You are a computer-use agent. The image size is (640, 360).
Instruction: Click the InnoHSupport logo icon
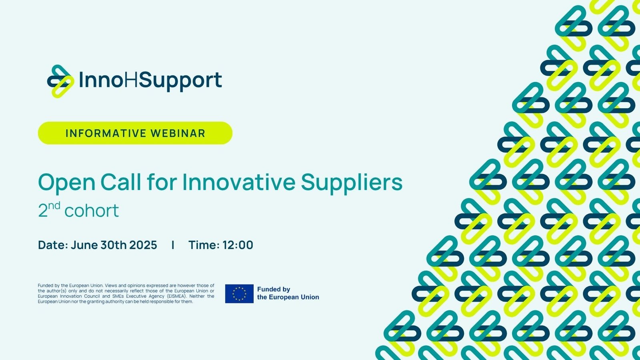click(x=60, y=82)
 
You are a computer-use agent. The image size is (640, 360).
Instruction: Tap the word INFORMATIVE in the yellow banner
click(x=106, y=134)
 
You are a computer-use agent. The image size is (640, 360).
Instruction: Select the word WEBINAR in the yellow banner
click(x=178, y=134)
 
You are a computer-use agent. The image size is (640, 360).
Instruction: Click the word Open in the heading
click(x=66, y=183)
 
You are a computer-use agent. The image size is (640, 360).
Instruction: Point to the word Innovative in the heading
click(x=239, y=182)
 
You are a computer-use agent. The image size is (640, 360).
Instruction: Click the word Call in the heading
click(x=121, y=182)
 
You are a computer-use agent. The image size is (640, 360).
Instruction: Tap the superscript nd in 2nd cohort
click(x=54, y=206)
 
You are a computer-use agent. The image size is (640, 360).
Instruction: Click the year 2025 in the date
click(x=143, y=245)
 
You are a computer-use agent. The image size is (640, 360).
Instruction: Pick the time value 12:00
click(x=238, y=245)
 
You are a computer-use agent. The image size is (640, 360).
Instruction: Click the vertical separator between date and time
click(x=173, y=245)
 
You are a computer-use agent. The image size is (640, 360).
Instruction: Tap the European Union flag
click(x=239, y=294)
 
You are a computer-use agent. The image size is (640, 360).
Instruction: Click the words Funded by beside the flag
click(x=274, y=290)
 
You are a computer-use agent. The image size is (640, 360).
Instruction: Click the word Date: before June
click(x=53, y=245)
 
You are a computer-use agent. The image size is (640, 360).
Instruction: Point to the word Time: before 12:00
click(x=204, y=245)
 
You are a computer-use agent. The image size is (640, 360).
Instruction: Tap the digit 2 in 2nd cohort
click(x=42, y=211)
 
